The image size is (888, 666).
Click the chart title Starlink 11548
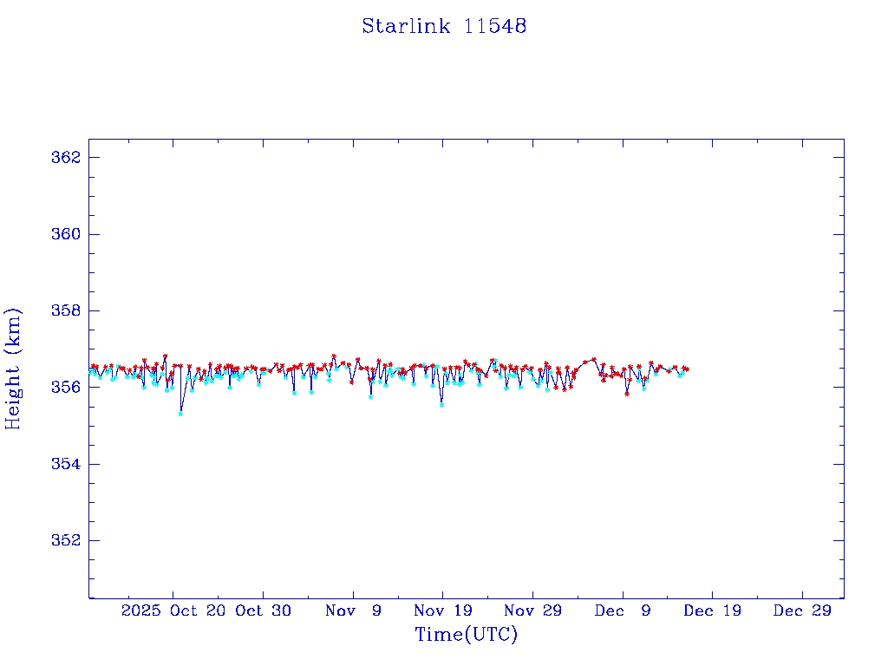pyautogui.click(x=444, y=27)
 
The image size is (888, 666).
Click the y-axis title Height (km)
pyautogui.click(x=13, y=369)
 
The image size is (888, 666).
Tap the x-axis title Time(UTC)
pyautogui.click(x=466, y=635)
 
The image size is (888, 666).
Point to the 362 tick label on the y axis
pyautogui.click(x=66, y=158)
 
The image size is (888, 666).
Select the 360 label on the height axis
pyautogui.click(x=66, y=234)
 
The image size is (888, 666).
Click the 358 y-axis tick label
pyautogui.click(x=66, y=310)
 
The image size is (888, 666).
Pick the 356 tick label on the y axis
pyautogui.click(x=66, y=387)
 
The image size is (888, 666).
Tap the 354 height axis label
pyautogui.click(x=66, y=464)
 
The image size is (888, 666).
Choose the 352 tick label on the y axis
pyautogui.click(x=66, y=540)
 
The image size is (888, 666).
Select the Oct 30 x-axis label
pyautogui.click(x=263, y=610)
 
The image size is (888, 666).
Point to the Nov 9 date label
pyautogui.click(x=353, y=610)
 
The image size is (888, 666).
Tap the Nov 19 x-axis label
pyautogui.click(x=442, y=610)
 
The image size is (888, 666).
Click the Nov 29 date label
pyautogui.click(x=532, y=610)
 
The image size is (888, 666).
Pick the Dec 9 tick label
pyautogui.click(x=623, y=610)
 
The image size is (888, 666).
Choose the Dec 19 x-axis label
pyautogui.click(x=712, y=610)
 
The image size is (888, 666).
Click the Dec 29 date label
pyautogui.click(x=802, y=610)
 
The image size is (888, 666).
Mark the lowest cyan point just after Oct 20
pyautogui.click(x=180, y=414)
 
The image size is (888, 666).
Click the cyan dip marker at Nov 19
pyautogui.click(x=441, y=405)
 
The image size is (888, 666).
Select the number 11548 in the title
pyautogui.click(x=495, y=27)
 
